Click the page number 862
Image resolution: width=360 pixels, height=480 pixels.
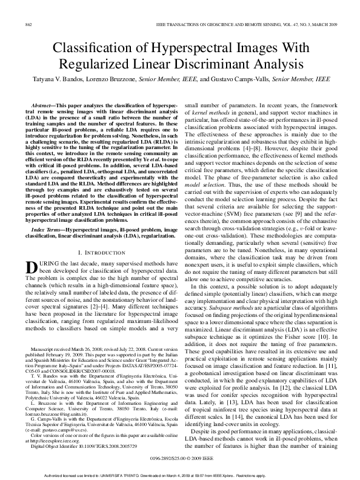(x=28, y=24)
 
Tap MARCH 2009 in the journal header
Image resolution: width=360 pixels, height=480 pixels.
(x=323, y=24)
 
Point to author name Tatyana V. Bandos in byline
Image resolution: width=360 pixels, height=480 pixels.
(x=58, y=79)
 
